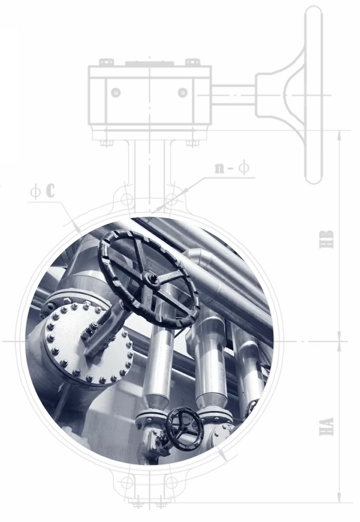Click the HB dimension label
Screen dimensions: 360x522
pyautogui.click(x=326, y=239)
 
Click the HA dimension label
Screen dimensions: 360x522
pyautogui.click(x=326, y=426)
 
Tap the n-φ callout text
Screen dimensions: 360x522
pyautogui.click(x=232, y=167)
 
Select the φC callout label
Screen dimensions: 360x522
pyautogui.click(x=43, y=191)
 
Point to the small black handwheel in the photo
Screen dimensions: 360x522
pyautogui.click(x=184, y=428)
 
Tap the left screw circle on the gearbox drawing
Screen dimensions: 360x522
pyautogui.click(x=116, y=92)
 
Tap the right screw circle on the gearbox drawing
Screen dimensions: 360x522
pyautogui.click(x=182, y=92)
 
